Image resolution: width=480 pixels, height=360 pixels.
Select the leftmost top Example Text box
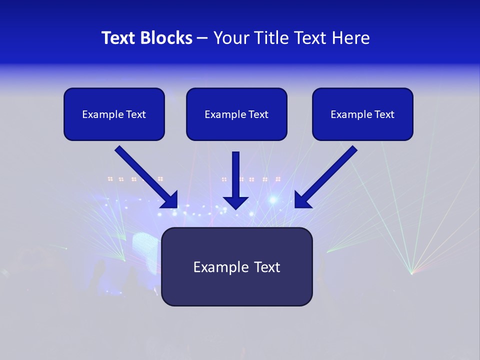coord(114,114)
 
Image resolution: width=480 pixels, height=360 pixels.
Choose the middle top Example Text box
coord(236,114)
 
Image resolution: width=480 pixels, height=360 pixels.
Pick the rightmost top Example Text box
coord(362,114)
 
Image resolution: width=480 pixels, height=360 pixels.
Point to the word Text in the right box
coord(384,114)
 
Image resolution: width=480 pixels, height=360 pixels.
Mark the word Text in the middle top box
coord(258,114)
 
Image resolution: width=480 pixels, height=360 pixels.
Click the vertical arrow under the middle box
coord(236,175)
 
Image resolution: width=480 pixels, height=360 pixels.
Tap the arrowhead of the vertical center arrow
coord(236,202)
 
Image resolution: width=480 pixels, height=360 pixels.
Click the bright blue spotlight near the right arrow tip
coord(273,199)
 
